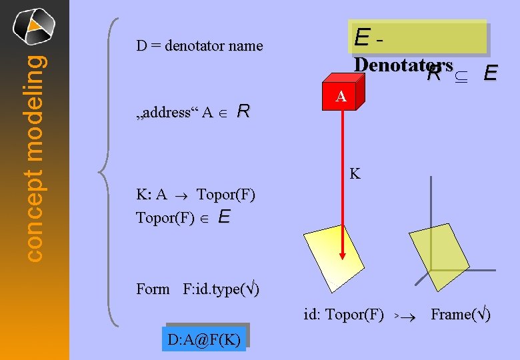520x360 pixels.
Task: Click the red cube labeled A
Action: point(341,97)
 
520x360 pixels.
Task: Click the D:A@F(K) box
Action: point(204,340)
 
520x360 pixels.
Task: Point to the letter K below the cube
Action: point(355,175)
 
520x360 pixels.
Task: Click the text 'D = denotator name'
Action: point(199,46)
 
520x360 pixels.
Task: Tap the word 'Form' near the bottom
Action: point(153,289)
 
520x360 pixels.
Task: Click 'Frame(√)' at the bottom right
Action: point(461,314)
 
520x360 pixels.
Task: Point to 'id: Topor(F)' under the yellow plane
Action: point(343,314)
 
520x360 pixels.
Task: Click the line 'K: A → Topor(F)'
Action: point(195,195)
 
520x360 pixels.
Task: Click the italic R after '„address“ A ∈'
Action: point(243,111)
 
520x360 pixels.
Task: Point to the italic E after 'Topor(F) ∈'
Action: point(224,217)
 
